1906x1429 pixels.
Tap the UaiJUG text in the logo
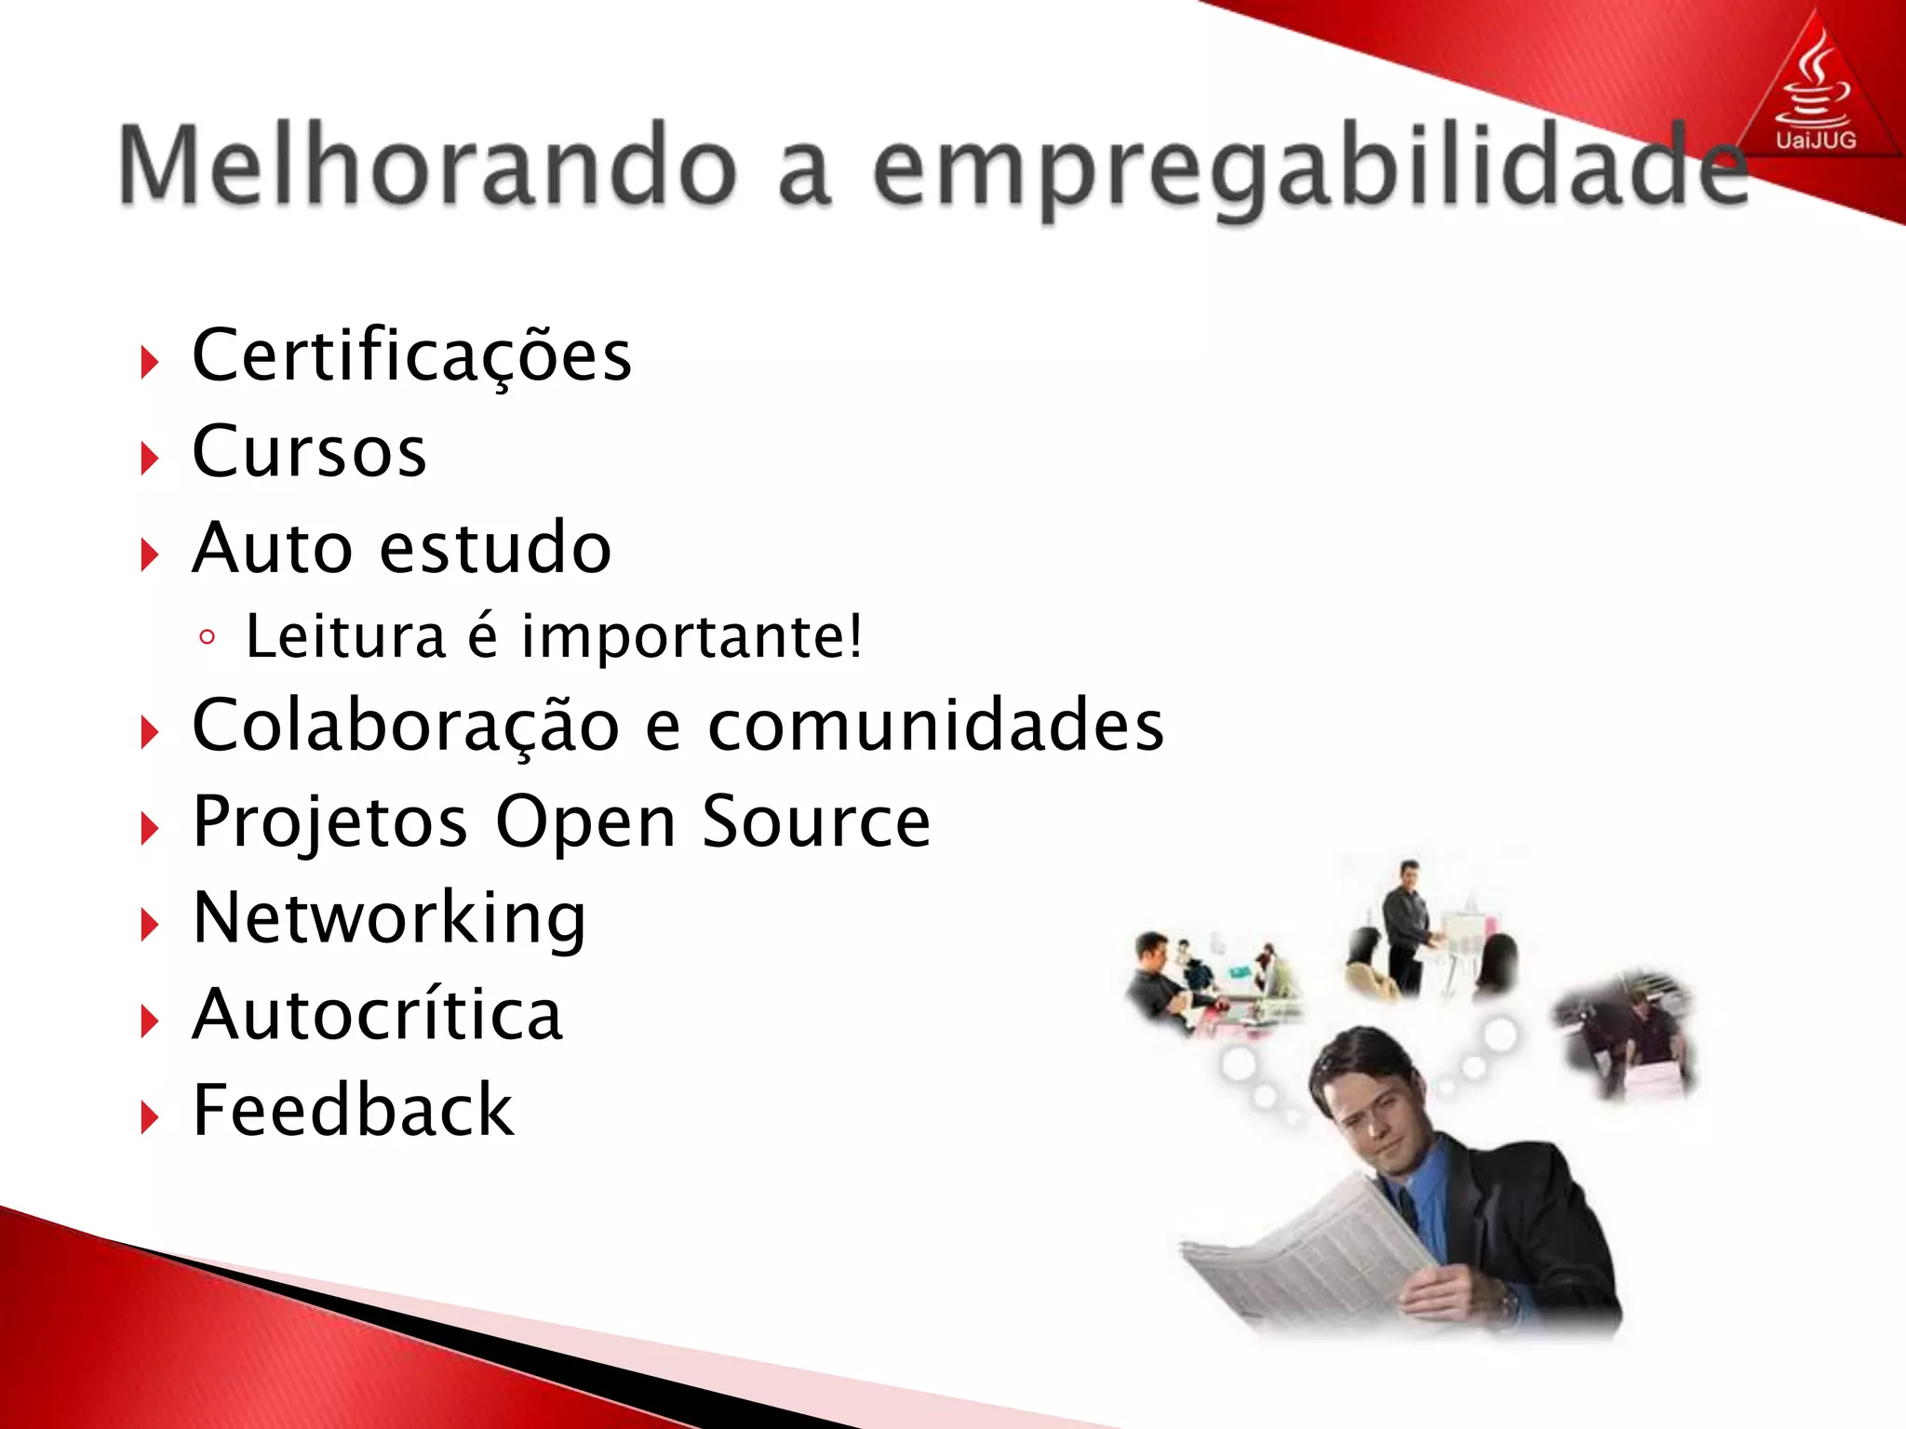coord(1815,141)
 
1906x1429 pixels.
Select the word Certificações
coord(411,355)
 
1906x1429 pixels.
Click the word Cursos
coord(309,452)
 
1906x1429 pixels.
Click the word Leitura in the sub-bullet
coord(345,637)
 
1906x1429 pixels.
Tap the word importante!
coord(692,637)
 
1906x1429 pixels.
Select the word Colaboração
coord(406,726)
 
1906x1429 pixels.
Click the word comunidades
coord(935,726)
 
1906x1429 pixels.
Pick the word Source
coord(815,822)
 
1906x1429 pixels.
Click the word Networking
coord(389,919)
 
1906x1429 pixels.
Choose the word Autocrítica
coord(377,1015)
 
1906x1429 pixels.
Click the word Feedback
coord(353,1111)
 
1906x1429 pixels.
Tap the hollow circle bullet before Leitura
coord(208,638)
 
